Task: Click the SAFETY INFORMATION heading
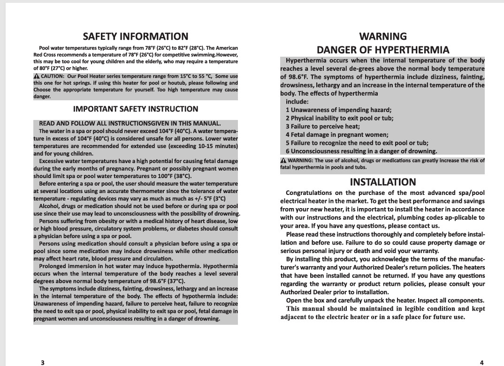(x=135, y=37)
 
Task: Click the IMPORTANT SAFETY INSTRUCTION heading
(x=136, y=109)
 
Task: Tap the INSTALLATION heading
(x=383, y=182)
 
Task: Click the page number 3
(x=43, y=362)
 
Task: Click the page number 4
(x=482, y=362)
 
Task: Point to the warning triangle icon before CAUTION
(x=37, y=76)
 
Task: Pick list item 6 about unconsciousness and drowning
(x=361, y=151)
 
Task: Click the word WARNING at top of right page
(x=383, y=36)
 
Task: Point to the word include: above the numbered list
(x=297, y=101)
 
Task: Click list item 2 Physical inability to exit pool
(x=339, y=118)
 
